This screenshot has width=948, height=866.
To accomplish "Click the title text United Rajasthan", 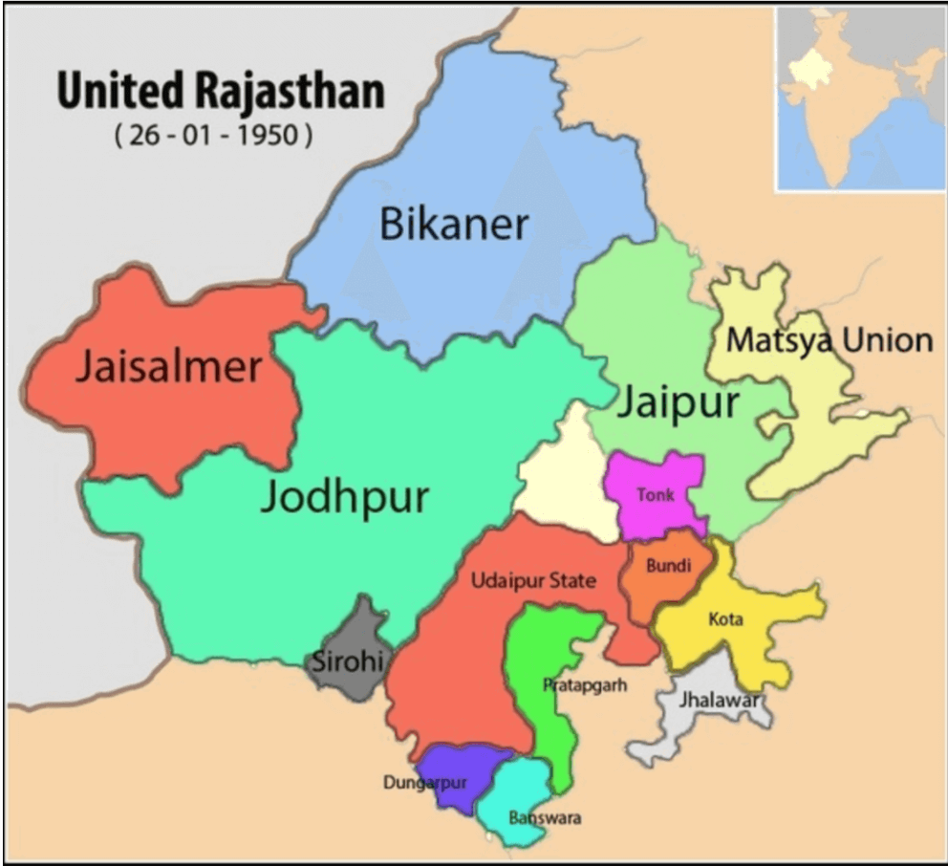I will (x=220, y=93).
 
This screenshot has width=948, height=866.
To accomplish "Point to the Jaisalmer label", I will (x=168, y=367).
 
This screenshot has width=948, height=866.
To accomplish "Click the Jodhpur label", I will (x=345, y=497).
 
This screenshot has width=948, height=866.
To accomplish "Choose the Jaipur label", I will (x=677, y=402).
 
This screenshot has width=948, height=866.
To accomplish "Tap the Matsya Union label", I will (x=829, y=339).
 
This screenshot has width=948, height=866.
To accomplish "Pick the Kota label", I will (x=726, y=619).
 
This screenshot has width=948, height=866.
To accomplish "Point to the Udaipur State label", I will (x=533, y=580).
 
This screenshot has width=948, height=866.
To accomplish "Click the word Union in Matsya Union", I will (x=885, y=339).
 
